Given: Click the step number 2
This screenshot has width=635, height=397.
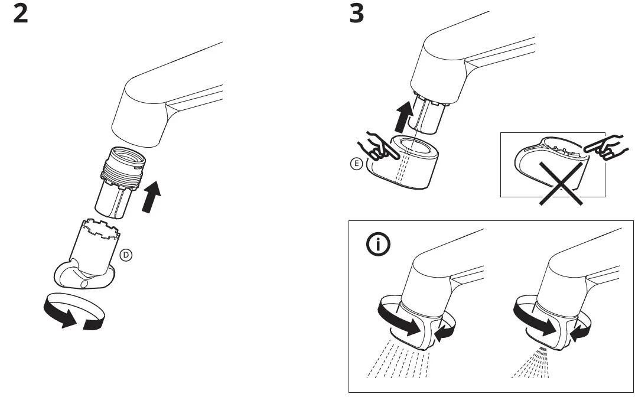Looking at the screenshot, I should point(20,14).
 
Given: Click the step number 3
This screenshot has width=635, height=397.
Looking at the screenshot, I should point(357,14).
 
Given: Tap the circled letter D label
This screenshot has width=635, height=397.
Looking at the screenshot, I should point(125,255).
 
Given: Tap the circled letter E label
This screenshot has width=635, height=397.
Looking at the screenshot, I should point(355,165).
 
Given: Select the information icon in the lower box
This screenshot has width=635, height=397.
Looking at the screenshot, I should point(378,245).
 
